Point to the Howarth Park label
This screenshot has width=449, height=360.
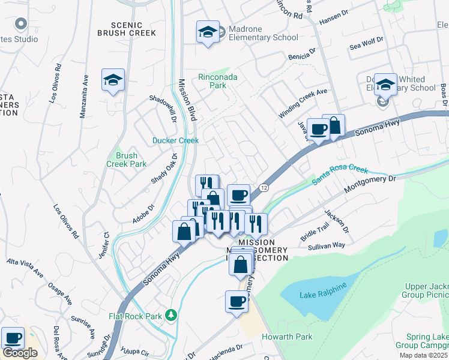coord(284,337)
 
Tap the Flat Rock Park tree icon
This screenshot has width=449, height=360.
coord(172,314)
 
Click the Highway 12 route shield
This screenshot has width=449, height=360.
coord(264,188)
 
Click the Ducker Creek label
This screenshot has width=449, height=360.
coord(175,141)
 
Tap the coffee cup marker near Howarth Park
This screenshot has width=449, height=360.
coord(237,302)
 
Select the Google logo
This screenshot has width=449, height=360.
coord(20,353)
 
